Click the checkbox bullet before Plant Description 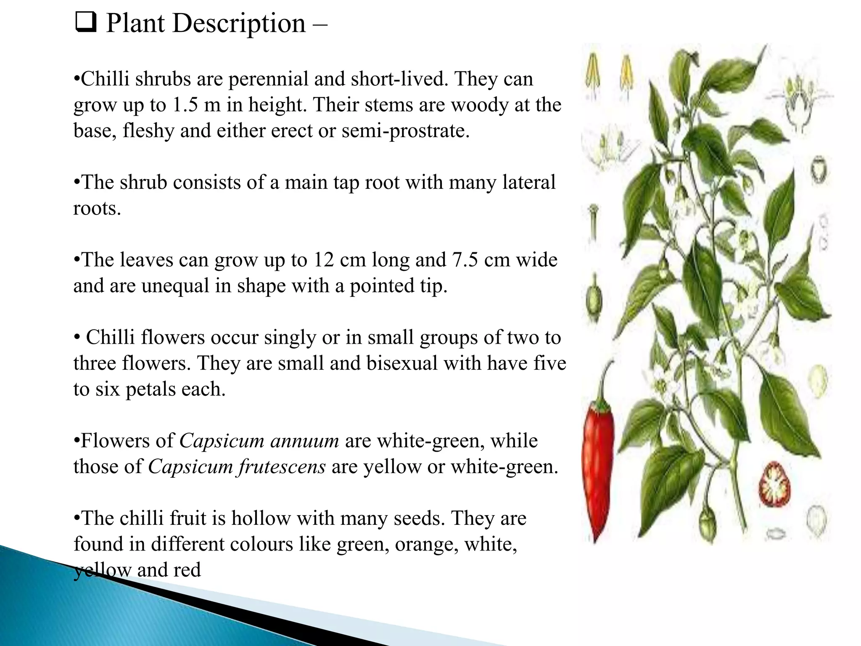(86, 23)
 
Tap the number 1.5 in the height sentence (185, 105)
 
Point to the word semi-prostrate (406, 131)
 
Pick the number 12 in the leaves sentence (323, 260)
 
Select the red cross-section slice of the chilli (774, 484)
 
